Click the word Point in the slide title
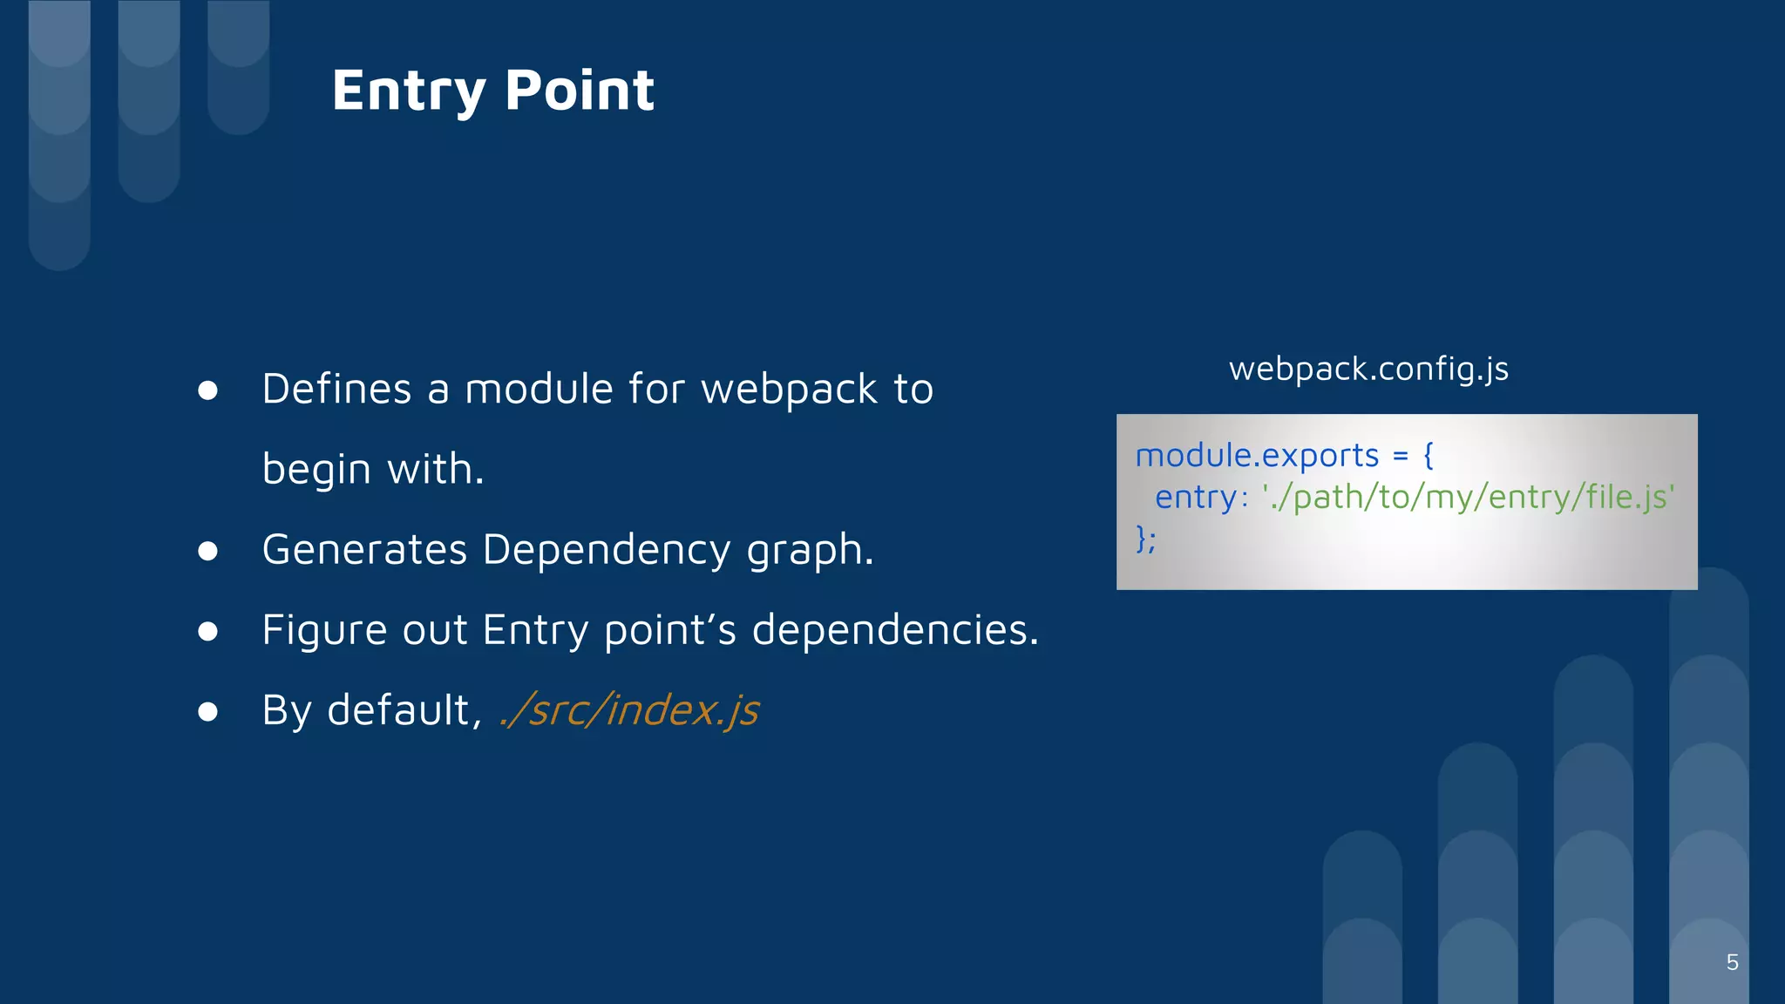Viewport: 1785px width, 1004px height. pos(580,91)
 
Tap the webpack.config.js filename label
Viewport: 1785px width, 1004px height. pos(1368,369)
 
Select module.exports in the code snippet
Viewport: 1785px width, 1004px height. pos(1257,455)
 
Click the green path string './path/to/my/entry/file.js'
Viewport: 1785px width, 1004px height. pos(1468,497)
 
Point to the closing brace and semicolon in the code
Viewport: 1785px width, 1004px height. pos(1146,539)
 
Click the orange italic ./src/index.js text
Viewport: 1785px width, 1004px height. pos(629,709)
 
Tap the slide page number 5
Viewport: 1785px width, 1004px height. pos(1732,962)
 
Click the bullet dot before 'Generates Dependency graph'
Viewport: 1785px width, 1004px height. pos(207,551)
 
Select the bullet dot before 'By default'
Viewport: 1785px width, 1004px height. pos(207,712)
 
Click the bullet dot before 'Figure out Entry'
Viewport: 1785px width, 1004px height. pos(207,631)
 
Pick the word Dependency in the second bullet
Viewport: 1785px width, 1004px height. pos(607,550)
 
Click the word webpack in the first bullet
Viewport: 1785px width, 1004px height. pos(789,390)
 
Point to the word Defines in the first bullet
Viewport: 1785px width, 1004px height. pos(336,389)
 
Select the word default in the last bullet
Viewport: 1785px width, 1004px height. pos(404,709)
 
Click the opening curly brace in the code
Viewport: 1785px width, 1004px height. pos(1428,455)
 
